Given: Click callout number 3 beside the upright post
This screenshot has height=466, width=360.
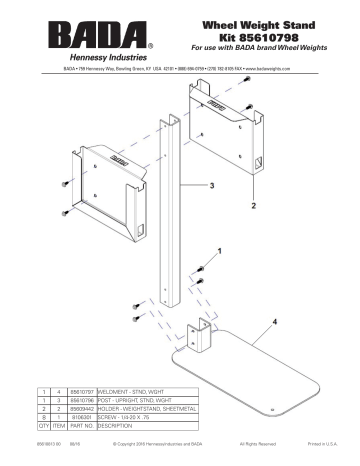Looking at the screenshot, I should (211, 186).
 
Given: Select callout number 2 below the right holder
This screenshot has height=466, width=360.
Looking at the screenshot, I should (253, 204).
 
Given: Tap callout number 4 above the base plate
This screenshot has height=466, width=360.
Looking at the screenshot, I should (272, 323).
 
